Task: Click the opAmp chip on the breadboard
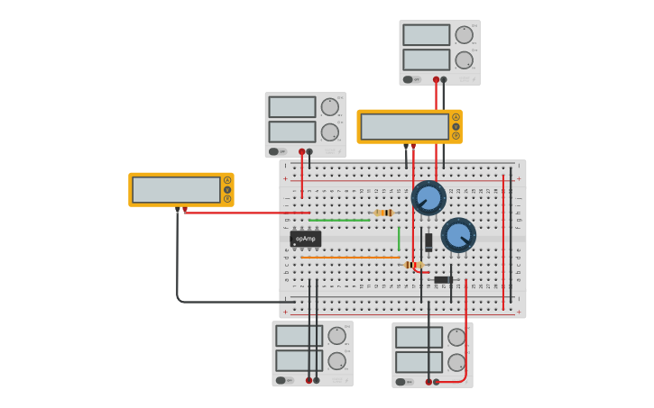click(306, 239)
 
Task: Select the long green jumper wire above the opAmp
click(339, 220)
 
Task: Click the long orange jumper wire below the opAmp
click(349, 258)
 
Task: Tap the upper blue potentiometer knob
click(428, 198)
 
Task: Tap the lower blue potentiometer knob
click(458, 235)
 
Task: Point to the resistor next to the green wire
click(383, 213)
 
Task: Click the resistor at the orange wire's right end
click(413, 265)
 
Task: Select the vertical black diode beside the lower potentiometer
click(428, 241)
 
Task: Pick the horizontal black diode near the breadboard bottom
click(442, 280)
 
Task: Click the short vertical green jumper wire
click(399, 239)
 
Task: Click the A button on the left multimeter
click(227, 180)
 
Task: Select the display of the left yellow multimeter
click(176, 190)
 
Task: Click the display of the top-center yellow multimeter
click(404, 127)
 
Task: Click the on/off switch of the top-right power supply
click(409, 79)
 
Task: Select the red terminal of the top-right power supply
click(436, 79)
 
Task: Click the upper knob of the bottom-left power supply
click(336, 336)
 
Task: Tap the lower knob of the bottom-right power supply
click(456, 362)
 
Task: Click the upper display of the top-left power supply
click(291, 107)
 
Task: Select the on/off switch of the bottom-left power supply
click(281, 381)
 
